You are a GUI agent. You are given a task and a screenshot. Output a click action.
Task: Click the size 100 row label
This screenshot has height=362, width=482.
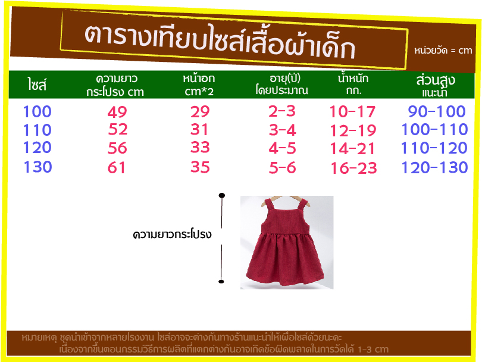click(37, 111)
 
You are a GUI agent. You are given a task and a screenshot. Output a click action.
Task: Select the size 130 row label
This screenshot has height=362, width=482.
click(38, 167)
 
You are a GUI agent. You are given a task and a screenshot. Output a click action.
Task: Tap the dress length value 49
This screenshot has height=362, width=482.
click(117, 112)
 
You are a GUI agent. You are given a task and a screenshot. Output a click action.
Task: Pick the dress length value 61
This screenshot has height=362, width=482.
click(117, 168)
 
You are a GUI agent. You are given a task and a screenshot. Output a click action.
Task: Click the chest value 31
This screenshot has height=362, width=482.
click(199, 129)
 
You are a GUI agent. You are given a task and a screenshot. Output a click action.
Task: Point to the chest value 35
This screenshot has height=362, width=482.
click(200, 167)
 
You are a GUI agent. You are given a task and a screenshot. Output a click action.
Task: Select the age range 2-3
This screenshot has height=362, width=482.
click(282, 111)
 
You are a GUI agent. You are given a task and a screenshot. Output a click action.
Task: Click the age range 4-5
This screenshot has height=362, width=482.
click(282, 148)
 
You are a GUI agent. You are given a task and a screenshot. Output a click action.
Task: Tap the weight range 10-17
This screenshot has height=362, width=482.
click(352, 112)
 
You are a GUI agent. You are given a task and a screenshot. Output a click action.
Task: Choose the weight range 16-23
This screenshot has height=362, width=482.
click(353, 168)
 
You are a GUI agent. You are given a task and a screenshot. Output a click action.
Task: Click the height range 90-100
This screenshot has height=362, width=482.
click(437, 111)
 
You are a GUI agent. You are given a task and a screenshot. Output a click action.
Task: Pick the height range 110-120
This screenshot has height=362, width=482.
click(434, 148)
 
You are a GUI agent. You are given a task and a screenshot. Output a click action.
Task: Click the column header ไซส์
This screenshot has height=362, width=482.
click(37, 85)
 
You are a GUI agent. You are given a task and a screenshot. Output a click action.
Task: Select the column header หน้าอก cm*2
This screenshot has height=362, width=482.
click(199, 85)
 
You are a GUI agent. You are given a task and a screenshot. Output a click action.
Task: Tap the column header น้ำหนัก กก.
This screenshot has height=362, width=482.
click(353, 84)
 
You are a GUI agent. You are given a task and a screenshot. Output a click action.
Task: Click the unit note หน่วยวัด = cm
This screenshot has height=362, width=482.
click(443, 51)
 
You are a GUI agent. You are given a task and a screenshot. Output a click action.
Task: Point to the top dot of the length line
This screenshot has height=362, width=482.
click(221, 195)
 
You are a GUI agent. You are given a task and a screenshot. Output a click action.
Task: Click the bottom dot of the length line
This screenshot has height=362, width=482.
click(221, 282)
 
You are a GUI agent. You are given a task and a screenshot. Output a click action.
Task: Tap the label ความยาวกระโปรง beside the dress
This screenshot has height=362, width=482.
click(172, 235)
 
